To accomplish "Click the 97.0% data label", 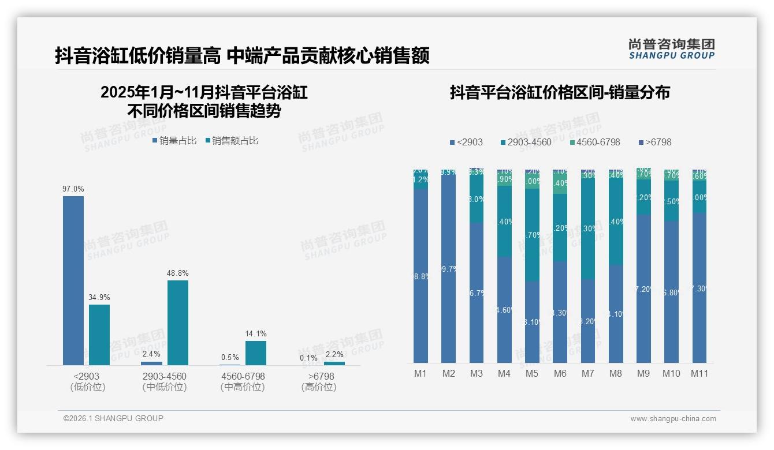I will click(x=73, y=189).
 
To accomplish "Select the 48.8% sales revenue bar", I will click(x=178, y=322).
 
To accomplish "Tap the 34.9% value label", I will click(x=99, y=298).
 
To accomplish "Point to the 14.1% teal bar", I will click(x=256, y=353).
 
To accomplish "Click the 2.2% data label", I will click(x=334, y=355).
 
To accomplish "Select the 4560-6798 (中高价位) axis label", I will click(x=243, y=381).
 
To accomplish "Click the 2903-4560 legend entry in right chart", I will click(x=525, y=142).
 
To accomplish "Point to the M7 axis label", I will click(x=587, y=374).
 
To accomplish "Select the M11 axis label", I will click(x=699, y=374).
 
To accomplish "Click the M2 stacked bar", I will click(x=449, y=266).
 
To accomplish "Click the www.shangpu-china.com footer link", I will click(x=673, y=419).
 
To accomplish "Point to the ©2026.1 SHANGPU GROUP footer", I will click(x=113, y=418).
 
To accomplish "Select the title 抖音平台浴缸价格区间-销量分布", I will click(x=560, y=93).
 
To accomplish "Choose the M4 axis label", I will click(x=504, y=374).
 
